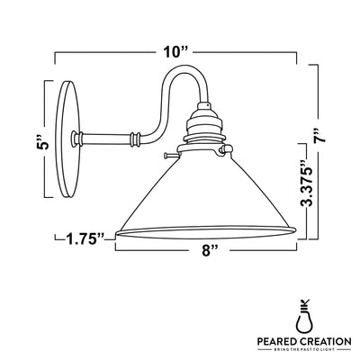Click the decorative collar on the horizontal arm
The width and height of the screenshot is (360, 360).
tap(135, 139)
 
